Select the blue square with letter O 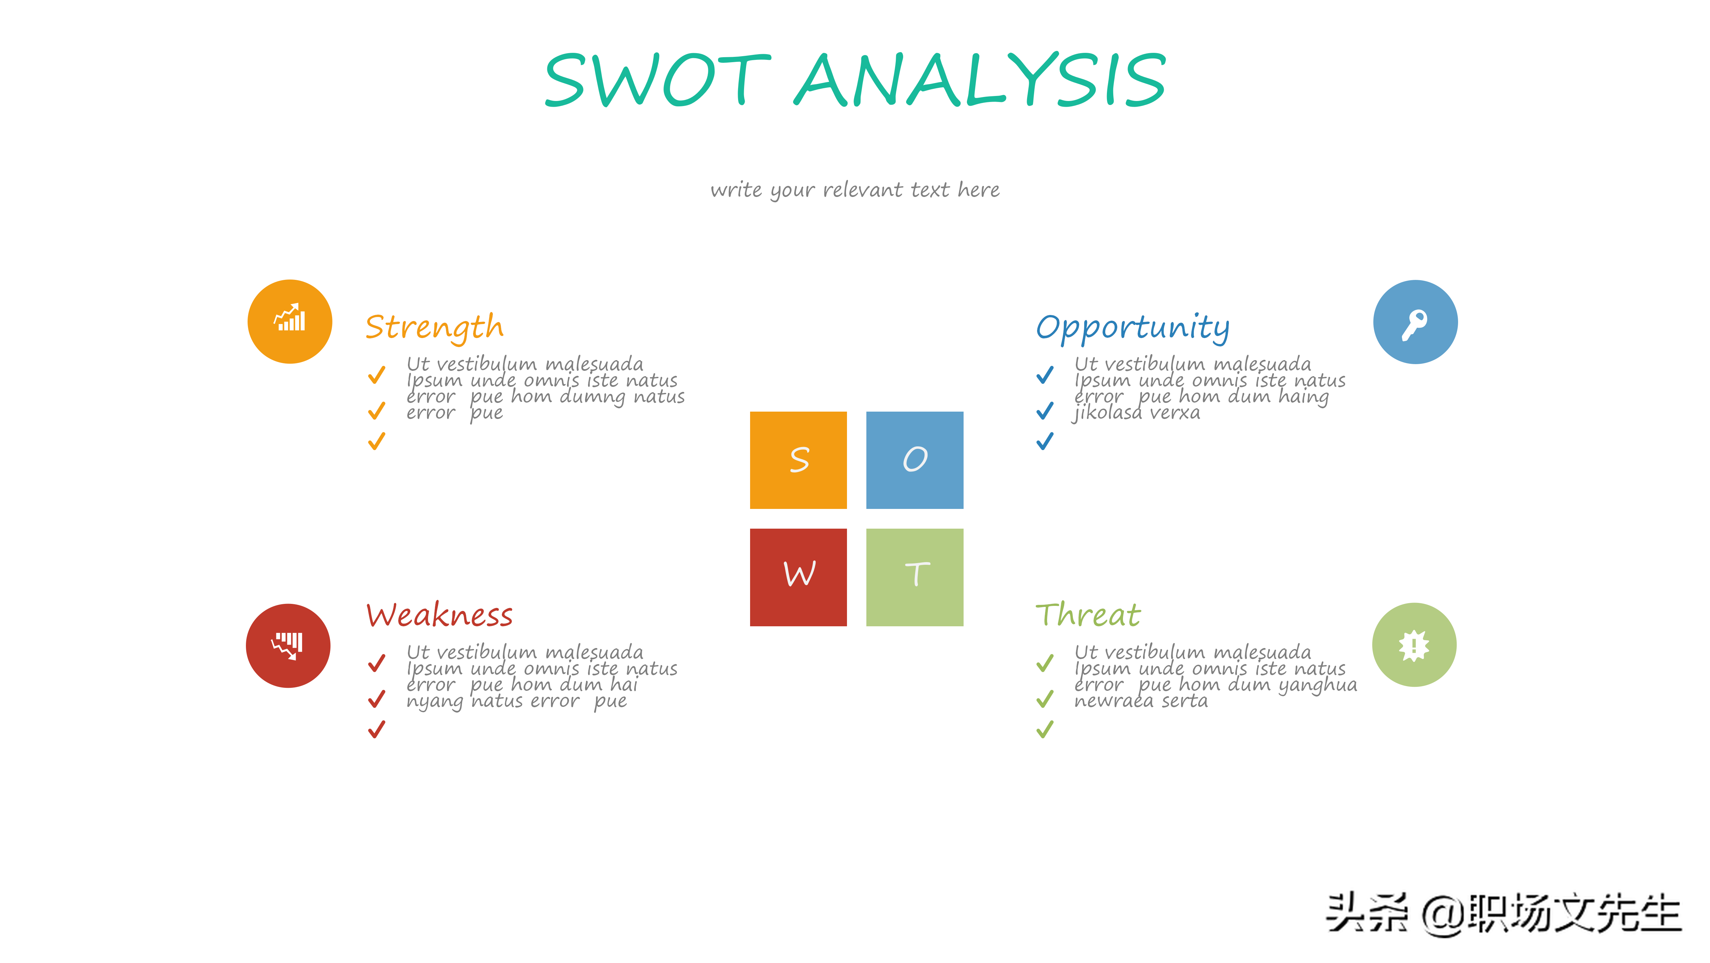(915, 460)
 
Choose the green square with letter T (915, 577)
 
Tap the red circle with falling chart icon (288, 646)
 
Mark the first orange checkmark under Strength (377, 375)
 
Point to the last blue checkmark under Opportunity (1045, 441)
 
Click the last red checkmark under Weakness (377, 729)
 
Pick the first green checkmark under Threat (1045, 663)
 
